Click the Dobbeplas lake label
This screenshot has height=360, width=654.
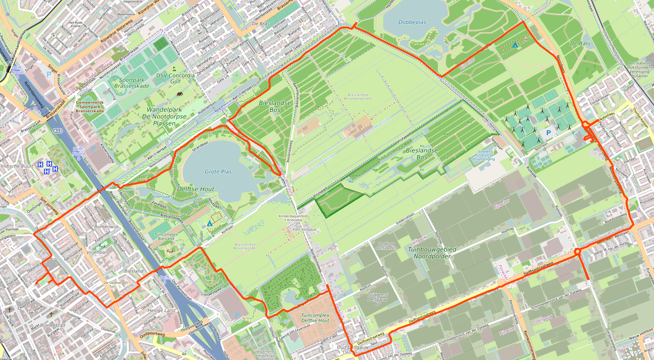tap(412, 22)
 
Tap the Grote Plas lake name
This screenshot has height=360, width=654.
tap(218, 171)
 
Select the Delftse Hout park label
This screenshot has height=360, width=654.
tap(196, 189)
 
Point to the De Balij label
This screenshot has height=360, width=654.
tap(580, 43)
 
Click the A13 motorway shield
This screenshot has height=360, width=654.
tap(58, 131)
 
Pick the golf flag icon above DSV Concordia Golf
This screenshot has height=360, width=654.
tap(174, 69)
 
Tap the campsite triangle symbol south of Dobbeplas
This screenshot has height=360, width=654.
tap(515, 45)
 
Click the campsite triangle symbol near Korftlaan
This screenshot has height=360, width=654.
tap(210, 223)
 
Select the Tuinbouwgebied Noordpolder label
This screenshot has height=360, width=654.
tap(432, 253)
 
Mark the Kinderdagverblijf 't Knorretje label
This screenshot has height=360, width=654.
tap(293, 218)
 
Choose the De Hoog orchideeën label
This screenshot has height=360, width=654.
tap(386, 246)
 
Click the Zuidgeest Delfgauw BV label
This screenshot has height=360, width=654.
tap(377, 299)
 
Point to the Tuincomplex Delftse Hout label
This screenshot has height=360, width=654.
tap(315, 318)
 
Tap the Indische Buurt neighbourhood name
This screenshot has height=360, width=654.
tap(17, 166)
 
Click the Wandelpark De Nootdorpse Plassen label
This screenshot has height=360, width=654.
tap(164, 116)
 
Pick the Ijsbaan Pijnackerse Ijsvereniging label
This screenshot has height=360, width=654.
tap(484, 155)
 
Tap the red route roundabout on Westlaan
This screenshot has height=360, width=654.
tap(578, 252)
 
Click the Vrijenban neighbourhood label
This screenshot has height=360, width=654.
tap(97, 252)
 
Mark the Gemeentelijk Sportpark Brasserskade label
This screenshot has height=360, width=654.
tap(90, 107)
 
